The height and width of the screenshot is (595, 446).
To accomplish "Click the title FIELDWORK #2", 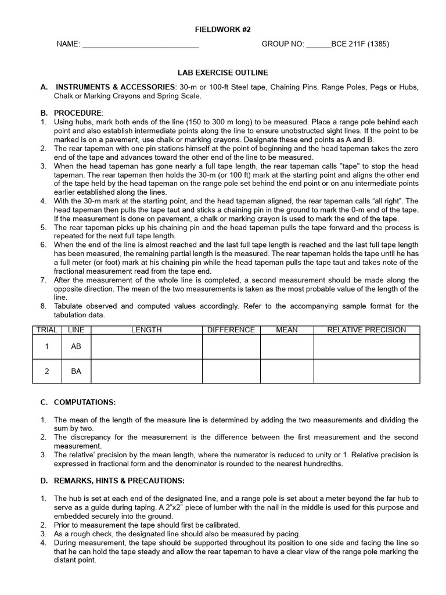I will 222,30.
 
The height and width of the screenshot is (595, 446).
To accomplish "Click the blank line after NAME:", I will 141,44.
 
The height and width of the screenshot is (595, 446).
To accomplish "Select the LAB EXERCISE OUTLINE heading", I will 222,73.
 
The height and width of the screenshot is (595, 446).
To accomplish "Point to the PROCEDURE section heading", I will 78,112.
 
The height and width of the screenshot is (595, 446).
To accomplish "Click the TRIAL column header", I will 47,330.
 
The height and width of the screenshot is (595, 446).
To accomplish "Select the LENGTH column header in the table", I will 146,330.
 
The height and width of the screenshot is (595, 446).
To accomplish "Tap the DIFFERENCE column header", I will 231,330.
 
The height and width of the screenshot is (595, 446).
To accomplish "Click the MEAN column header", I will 287,330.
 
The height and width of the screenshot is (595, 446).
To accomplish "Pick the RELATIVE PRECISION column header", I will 366,330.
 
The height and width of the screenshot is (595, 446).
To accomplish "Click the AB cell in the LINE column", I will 76,346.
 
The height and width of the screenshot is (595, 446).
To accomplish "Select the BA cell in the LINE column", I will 76,371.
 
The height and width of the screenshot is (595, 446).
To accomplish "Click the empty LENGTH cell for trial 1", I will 146,346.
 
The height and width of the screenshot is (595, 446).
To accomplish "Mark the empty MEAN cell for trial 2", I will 287,371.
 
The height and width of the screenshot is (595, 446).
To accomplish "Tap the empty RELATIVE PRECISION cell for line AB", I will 366,346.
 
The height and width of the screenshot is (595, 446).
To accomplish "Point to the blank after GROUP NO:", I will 318,44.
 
